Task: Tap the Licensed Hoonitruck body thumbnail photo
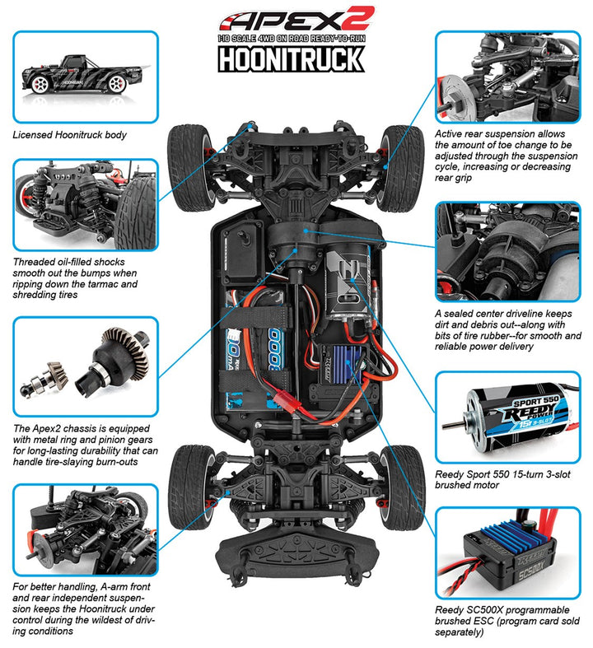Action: point(85,76)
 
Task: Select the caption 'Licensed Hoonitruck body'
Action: point(70,134)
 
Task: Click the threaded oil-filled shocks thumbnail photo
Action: point(85,204)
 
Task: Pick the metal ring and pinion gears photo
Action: point(85,367)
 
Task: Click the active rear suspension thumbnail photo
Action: point(507,76)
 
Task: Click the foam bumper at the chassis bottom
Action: point(292,568)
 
